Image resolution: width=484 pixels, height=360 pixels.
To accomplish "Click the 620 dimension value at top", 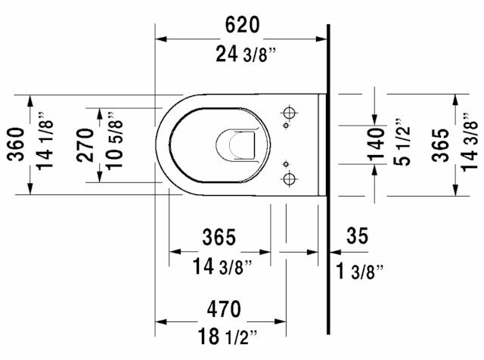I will tap(242, 25).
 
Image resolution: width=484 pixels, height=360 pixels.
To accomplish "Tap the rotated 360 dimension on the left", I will tap(15, 143).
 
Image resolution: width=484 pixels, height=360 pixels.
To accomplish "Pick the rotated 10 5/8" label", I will tap(113, 144).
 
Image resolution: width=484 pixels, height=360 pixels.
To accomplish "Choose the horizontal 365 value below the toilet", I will tap(219, 237).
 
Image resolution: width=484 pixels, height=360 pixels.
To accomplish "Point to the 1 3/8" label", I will tap(360, 268).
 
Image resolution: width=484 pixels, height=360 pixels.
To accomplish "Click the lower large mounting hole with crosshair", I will tap(288, 179).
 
